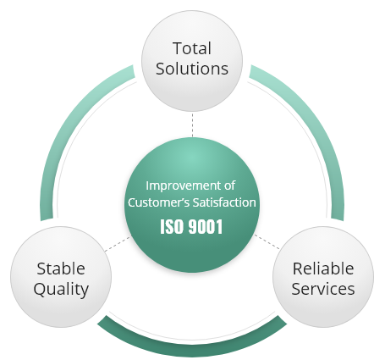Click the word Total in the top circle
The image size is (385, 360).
pyautogui.click(x=192, y=48)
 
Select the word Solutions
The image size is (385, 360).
pyautogui.click(x=192, y=69)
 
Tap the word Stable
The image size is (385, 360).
pyautogui.click(x=61, y=269)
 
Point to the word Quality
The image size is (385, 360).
pyautogui.click(x=61, y=290)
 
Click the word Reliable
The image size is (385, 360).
pyautogui.click(x=323, y=269)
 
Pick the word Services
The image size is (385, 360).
pyautogui.click(x=323, y=289)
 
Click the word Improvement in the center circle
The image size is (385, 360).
pyautogui.click(x=181, y=186)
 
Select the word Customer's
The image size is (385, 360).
pyautogui.click(x=158, y=202)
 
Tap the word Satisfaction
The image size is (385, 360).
pyautogui.click(x=224, y=202)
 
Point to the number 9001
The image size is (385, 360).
pyautogui.click(x=206, y=227)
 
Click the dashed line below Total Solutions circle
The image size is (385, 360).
pyautogui.click(x=192, y=125)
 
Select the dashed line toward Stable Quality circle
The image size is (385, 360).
pyautogui.click(x=118, y=244)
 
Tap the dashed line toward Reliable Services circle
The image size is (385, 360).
pyautogui.click(x=267, y=241)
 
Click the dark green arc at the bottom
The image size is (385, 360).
pyautogui.click(x=192, y=350)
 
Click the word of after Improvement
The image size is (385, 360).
pyautogui.click(x=230, y=186)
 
